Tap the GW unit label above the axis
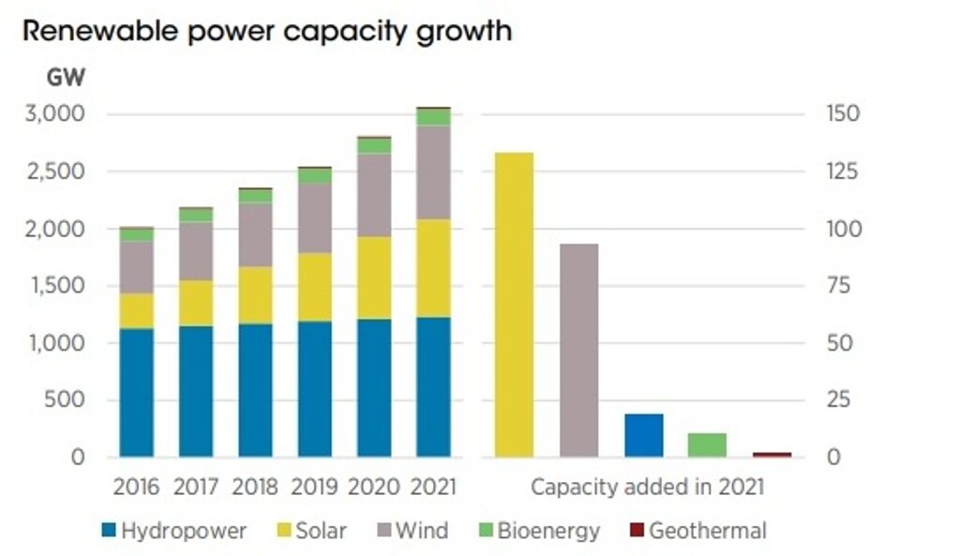click(67, 77)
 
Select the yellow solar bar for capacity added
click(514, 305)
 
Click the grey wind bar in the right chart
click(578, 350)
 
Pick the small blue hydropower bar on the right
click(643, 435)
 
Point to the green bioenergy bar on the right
click(707, 445)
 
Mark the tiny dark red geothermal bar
click(772, 455)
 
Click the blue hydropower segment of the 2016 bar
click(137, 393)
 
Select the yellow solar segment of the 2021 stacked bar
click(433, 268)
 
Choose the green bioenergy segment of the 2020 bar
click(374, 146)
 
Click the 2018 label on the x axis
click(256, 488)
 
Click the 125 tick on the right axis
click(843, 172)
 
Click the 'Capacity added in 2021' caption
click(647, 488)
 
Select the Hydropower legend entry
click(173, 532)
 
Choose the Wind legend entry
click(410, 532)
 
